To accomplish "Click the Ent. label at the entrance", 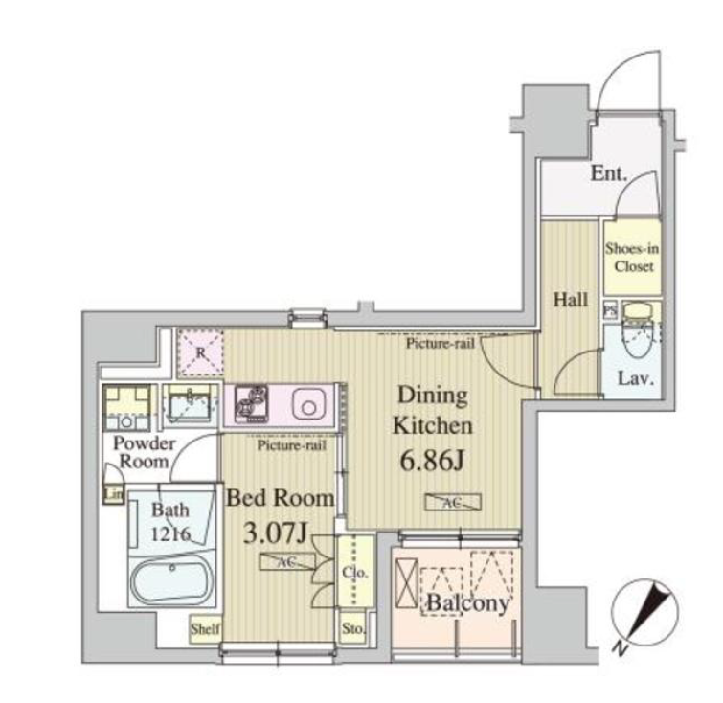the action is [609, 173].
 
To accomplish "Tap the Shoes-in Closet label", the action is [632, 258].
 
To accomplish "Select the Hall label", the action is [571, 300].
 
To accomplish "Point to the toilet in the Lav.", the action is [641, 329].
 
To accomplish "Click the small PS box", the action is [610, 309].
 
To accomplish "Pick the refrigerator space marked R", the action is [200, 352].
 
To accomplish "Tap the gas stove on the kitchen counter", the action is [251, 404].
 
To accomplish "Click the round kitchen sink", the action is [309, 404].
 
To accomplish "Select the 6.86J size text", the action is [432, 461].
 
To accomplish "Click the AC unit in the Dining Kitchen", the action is [453, 502].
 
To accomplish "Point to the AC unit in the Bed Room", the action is [287, 561].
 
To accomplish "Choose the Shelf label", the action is [205, 628].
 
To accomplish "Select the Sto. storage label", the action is [353, 627].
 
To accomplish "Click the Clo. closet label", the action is [354, 573].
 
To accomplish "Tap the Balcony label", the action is [468, 603].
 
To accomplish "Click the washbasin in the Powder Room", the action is [189, 404].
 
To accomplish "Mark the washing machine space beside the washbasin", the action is [126, 407].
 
